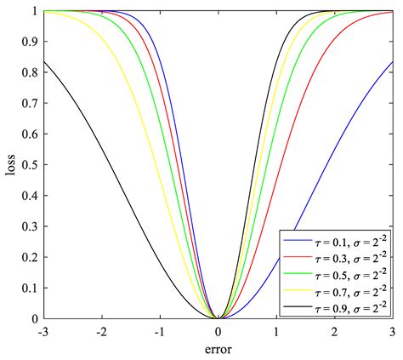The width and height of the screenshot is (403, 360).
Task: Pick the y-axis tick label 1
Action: click(x=36, y=11)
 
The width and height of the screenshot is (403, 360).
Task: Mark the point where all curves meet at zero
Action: click(x=219, y=318)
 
